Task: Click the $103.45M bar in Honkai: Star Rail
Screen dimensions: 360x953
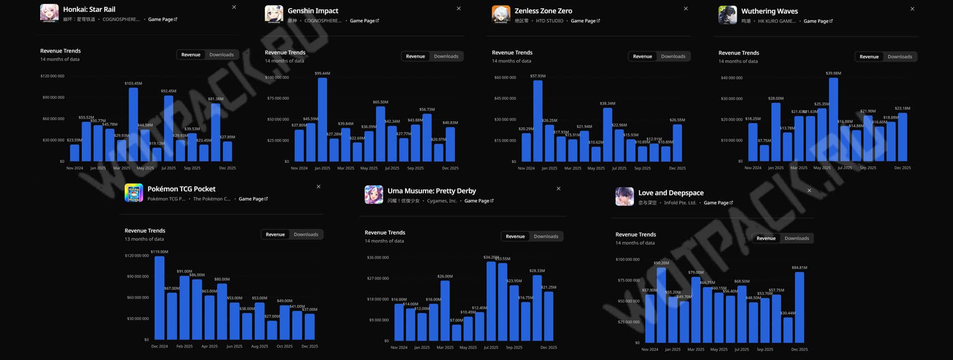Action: (x=133, y=124)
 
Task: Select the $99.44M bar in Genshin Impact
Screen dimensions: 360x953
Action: (x=322, y=119)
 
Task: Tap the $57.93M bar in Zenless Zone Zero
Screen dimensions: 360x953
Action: (x=538, y=121)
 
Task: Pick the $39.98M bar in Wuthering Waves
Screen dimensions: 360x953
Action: (x=833, y=119)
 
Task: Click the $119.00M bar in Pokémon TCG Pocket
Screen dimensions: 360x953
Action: (x=159, y=298)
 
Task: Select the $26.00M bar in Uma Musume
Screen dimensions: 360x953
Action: (x=445, y=310)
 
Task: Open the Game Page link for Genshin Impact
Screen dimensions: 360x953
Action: (x=364, y=21)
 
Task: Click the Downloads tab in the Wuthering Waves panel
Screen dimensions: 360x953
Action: (x=899, y=57)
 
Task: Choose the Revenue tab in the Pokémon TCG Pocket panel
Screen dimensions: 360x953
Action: (x=275, y=234)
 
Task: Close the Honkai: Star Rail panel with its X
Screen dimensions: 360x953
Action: (x=234, y=7)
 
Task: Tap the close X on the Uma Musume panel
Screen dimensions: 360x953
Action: (x=558, y=189)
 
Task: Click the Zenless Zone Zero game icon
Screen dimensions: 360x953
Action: (x=501, y=14)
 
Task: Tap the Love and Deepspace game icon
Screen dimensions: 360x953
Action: (x=624, y=197)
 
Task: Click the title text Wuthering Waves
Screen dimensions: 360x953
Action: (x=769, y=11)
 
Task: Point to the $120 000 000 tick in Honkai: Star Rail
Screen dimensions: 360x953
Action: (x=53, y=76)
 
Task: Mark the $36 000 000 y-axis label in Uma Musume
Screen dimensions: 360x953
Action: (x=378, y=258)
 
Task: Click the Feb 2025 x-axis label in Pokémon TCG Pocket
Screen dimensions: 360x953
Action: (x=184, y=347)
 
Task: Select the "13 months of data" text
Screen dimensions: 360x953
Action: (x=144, y=239)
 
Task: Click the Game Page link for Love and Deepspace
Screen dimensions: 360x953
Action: (x=718, y=203)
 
